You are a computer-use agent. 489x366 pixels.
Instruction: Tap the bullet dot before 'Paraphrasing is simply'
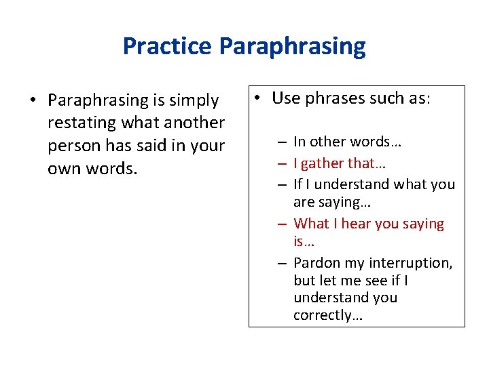[x=32, y=101]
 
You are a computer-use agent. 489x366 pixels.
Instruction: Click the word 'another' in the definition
[x=192, y=123]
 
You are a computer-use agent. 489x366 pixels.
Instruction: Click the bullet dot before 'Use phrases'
[x=259, y=98]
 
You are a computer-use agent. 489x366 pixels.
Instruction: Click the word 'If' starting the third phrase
[x=297, y=184]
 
